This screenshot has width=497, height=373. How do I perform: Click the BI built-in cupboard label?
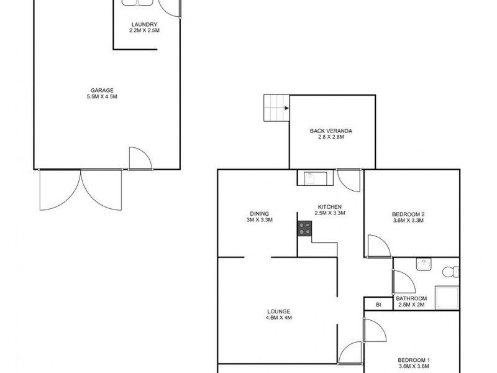pyautogui.click(x=378, y=305)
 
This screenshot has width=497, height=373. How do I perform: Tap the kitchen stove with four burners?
pyautogui.click(x=304, y=228)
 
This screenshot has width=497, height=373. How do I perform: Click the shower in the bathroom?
pyautogui.click(x=447, y=298)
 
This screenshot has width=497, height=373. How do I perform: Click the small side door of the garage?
pyautogui.click(x=140, y=159)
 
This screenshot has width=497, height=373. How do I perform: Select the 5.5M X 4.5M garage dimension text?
pyautogui.click(x=103, y=96)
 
